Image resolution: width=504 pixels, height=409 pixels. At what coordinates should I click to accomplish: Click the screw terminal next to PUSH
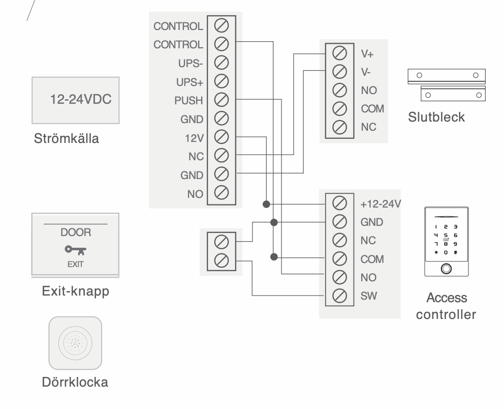pyautogui.click(x=222, y=99)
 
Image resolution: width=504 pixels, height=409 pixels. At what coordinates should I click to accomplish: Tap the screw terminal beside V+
pyautogui.click(x=339, y=52)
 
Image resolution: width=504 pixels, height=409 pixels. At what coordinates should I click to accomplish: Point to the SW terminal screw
pyautogui.click(x=339, y=295)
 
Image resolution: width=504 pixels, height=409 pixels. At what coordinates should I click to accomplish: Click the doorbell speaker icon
pyautogui.click(x=75, y=342)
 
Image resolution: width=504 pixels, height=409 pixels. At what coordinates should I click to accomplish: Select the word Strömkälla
pyautogui.click(x=66, y=138)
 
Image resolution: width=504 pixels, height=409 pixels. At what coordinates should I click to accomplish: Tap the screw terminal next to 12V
pyautogui.click(x=222, y=136)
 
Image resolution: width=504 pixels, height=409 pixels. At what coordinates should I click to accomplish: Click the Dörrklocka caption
pyautogui.click(x=75, y=382)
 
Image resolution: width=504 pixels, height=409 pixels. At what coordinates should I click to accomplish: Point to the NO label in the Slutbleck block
pyautogui.click(x=368, y=90)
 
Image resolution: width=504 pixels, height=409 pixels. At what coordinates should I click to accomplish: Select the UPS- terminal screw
pyautogui.click(x=222, y=62)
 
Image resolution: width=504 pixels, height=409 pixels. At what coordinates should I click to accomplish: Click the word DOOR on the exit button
pyautogui.click(x=75, y=232)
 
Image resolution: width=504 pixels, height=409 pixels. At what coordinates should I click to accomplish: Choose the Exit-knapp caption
pyautogui.click(x=75, y=292)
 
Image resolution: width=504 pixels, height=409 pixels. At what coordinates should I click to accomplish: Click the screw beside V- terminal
pyautogui.click(x=339, y=71)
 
